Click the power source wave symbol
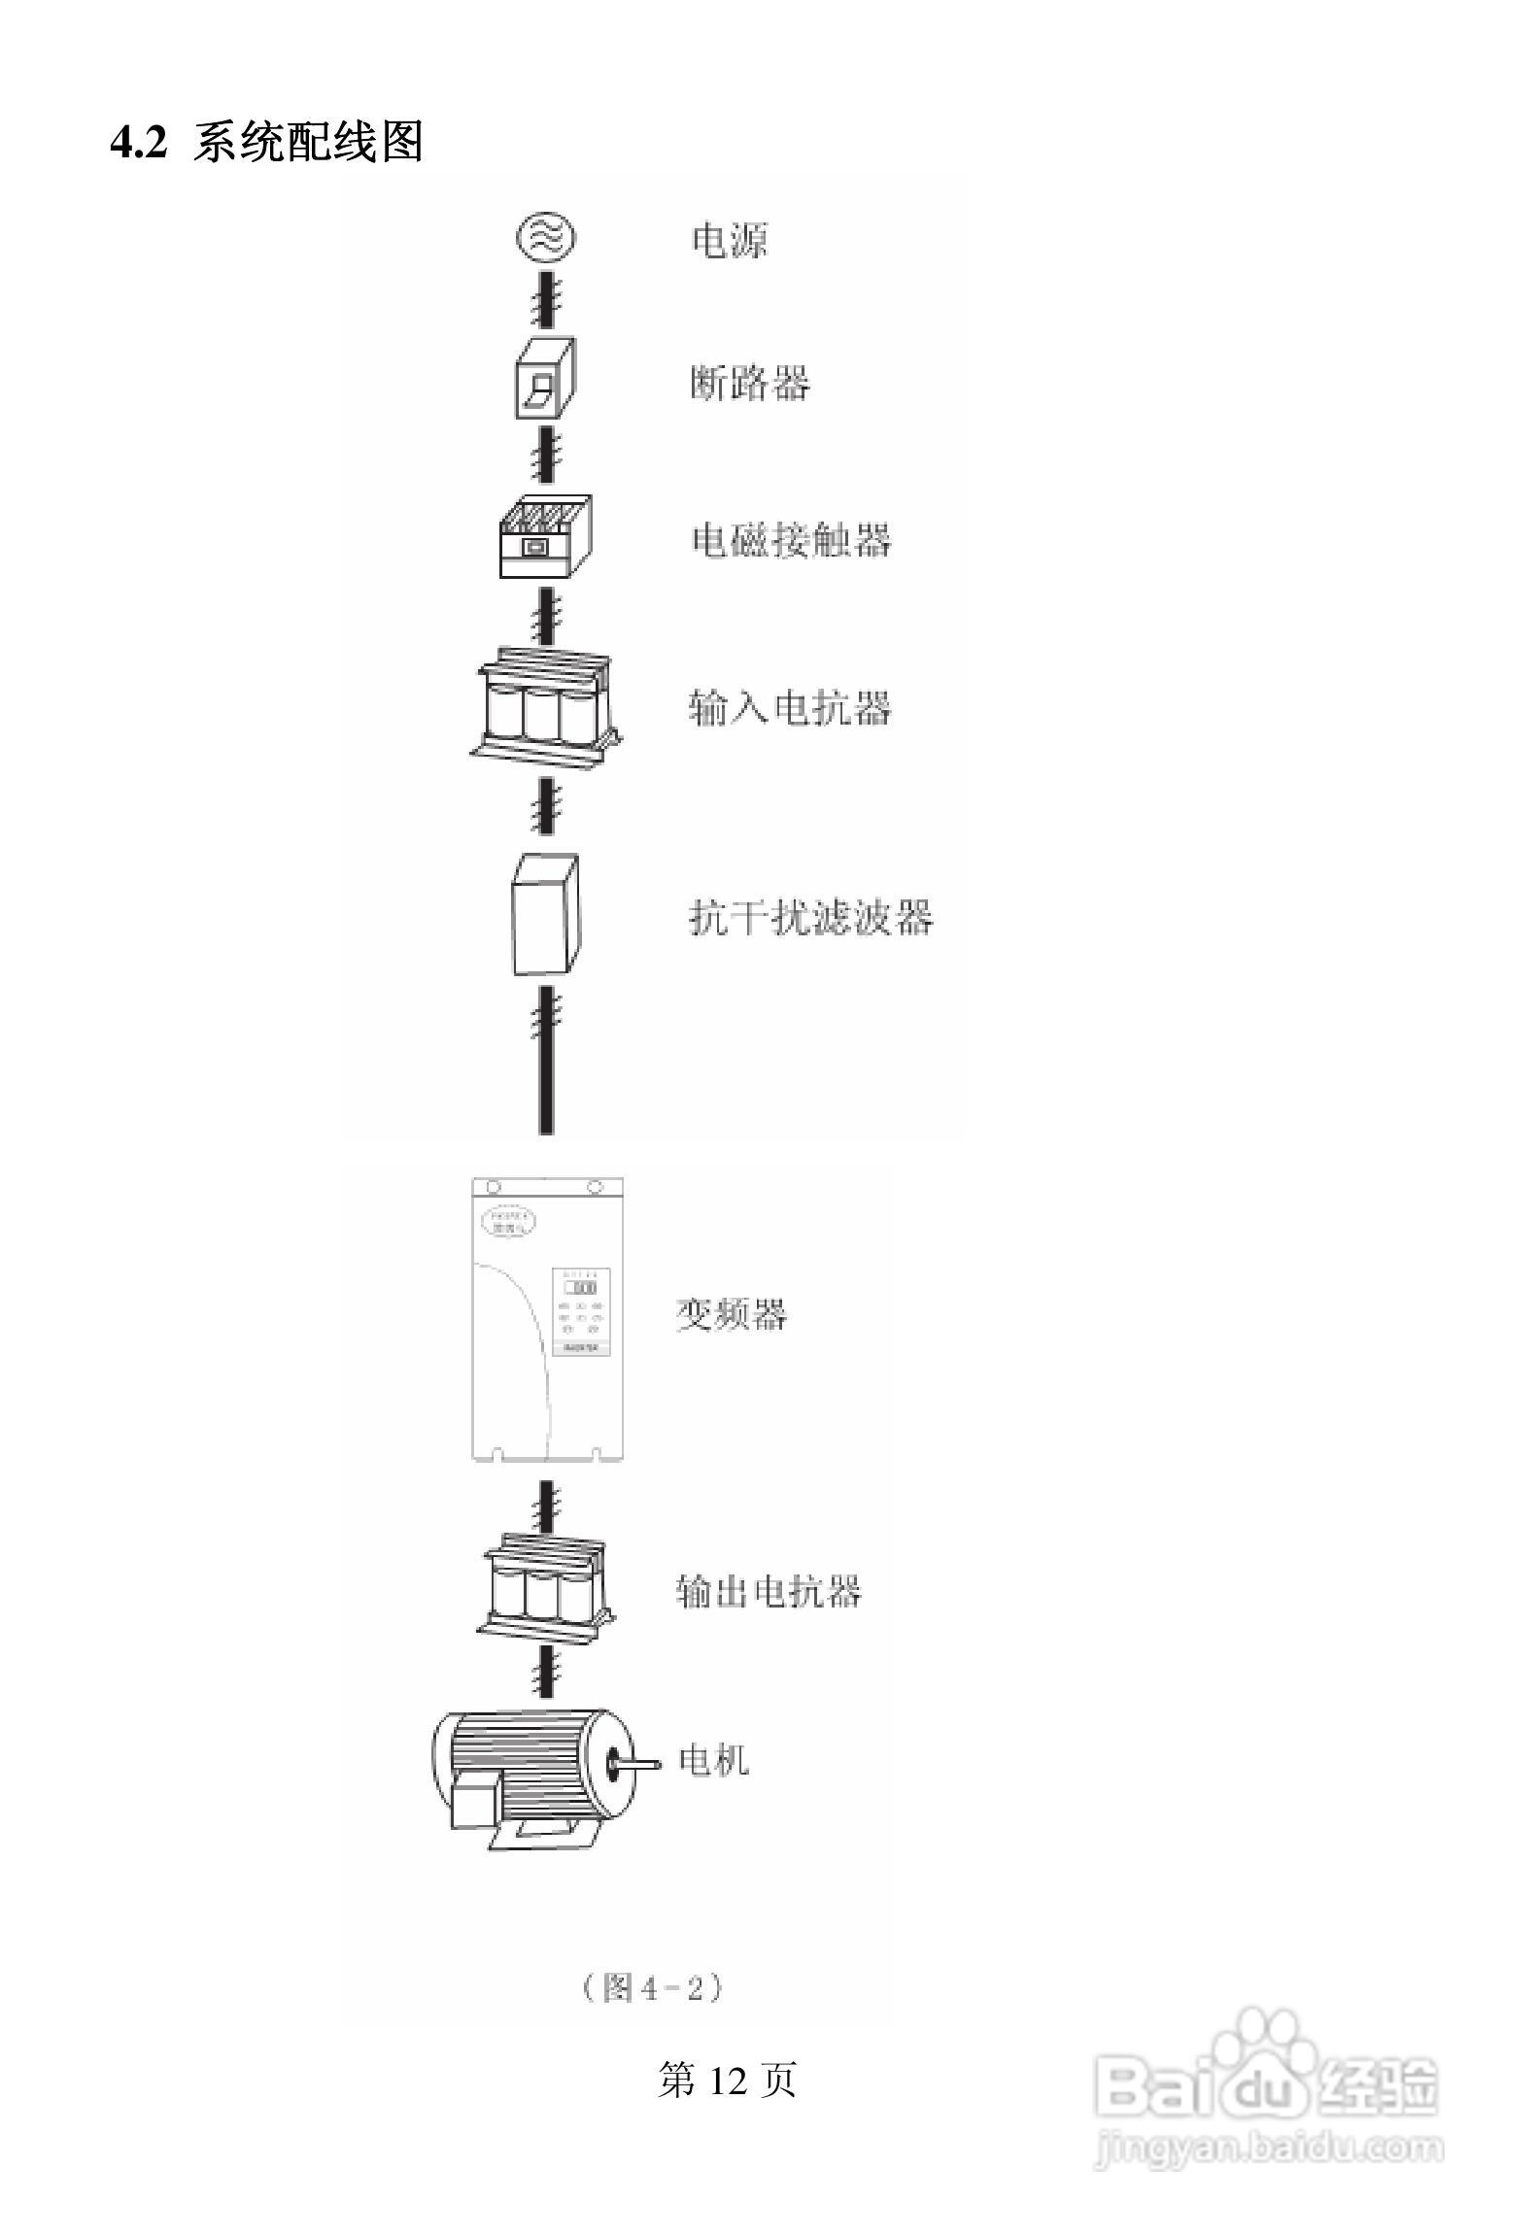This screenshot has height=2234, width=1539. pyautogui.click(x=545, y=238)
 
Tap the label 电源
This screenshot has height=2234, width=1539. pyautogui.click(x=729, y=240)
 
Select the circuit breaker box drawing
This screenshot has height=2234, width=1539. pyautogui.click(x=544, y=379)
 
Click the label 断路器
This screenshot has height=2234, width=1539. pyautogui.click(x=749, y=383)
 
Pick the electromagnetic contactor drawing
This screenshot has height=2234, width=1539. pyautogui.click(x=545, y=537)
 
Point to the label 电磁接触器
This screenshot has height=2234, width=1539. pyautogui.click(x=790, y=540)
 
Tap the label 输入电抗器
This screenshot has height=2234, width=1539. pyautogui.click(x=789, y=708)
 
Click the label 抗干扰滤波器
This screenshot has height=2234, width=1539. pyautogui.click(x=810, y=917)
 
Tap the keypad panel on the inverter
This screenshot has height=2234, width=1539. pyautogui.click(x=581, y=1310)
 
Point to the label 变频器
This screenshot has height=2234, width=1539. pyautogui.click(x=731, y=1314)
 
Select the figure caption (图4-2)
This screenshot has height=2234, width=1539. pyautogui.click(x=652, y=1987)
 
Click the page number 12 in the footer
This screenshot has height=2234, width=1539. pyautogui.click(x=727, y=2081)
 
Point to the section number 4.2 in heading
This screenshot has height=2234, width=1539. pyautogui.click(x=138, y=144)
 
